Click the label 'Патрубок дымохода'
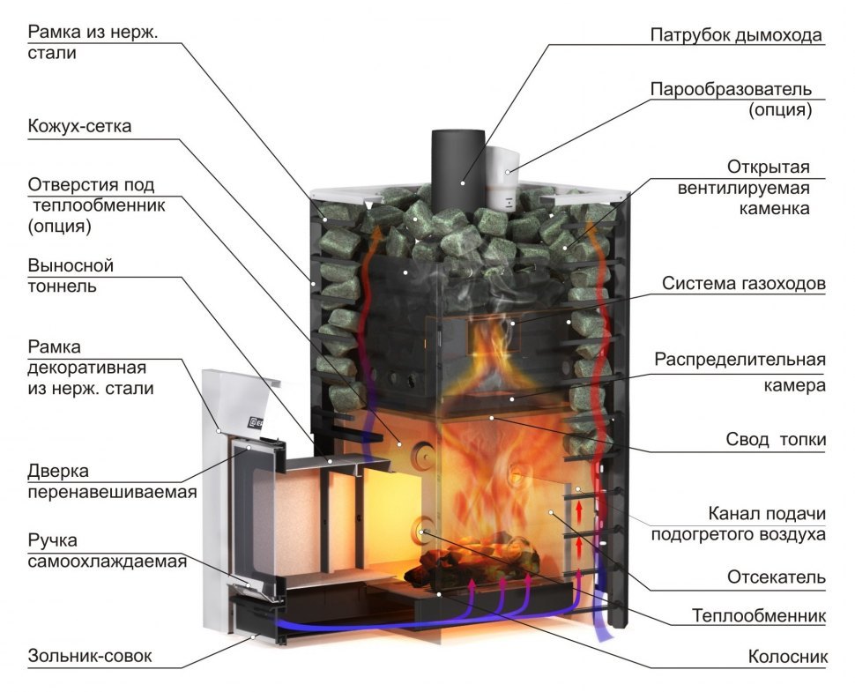pyautogui.click(x=736, y=36)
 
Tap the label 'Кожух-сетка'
pyautogui.click(x=79, y=127)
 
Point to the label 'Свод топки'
pyautogui.click(x=776, y=439)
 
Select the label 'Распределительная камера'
pyautogui.click(x=740, y=373)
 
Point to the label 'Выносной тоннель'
pyautogui.click(x=71, y=276)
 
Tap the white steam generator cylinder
pyautogui.click(x=501, y=172)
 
